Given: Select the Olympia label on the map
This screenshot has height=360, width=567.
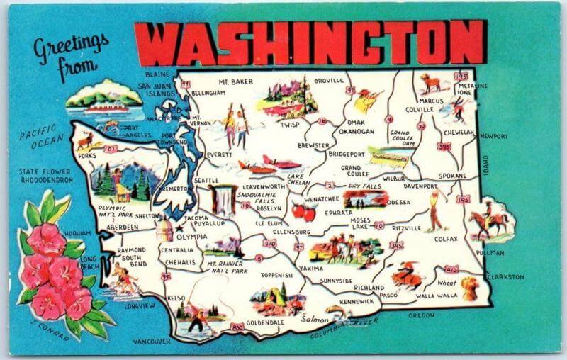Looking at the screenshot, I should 192,236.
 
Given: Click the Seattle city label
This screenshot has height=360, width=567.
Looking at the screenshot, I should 206,181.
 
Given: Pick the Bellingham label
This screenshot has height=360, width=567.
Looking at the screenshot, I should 208,93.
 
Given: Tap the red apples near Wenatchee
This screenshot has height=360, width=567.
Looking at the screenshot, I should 303,210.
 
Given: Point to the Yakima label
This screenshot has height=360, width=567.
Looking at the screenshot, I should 310,269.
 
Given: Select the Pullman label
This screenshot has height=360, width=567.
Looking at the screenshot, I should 490,253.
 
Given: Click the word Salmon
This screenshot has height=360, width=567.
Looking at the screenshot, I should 314,320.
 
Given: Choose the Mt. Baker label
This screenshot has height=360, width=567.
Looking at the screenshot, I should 235,81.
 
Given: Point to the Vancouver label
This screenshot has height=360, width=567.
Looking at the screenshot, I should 151,341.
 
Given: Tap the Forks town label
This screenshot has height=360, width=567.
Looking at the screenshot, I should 87,156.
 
